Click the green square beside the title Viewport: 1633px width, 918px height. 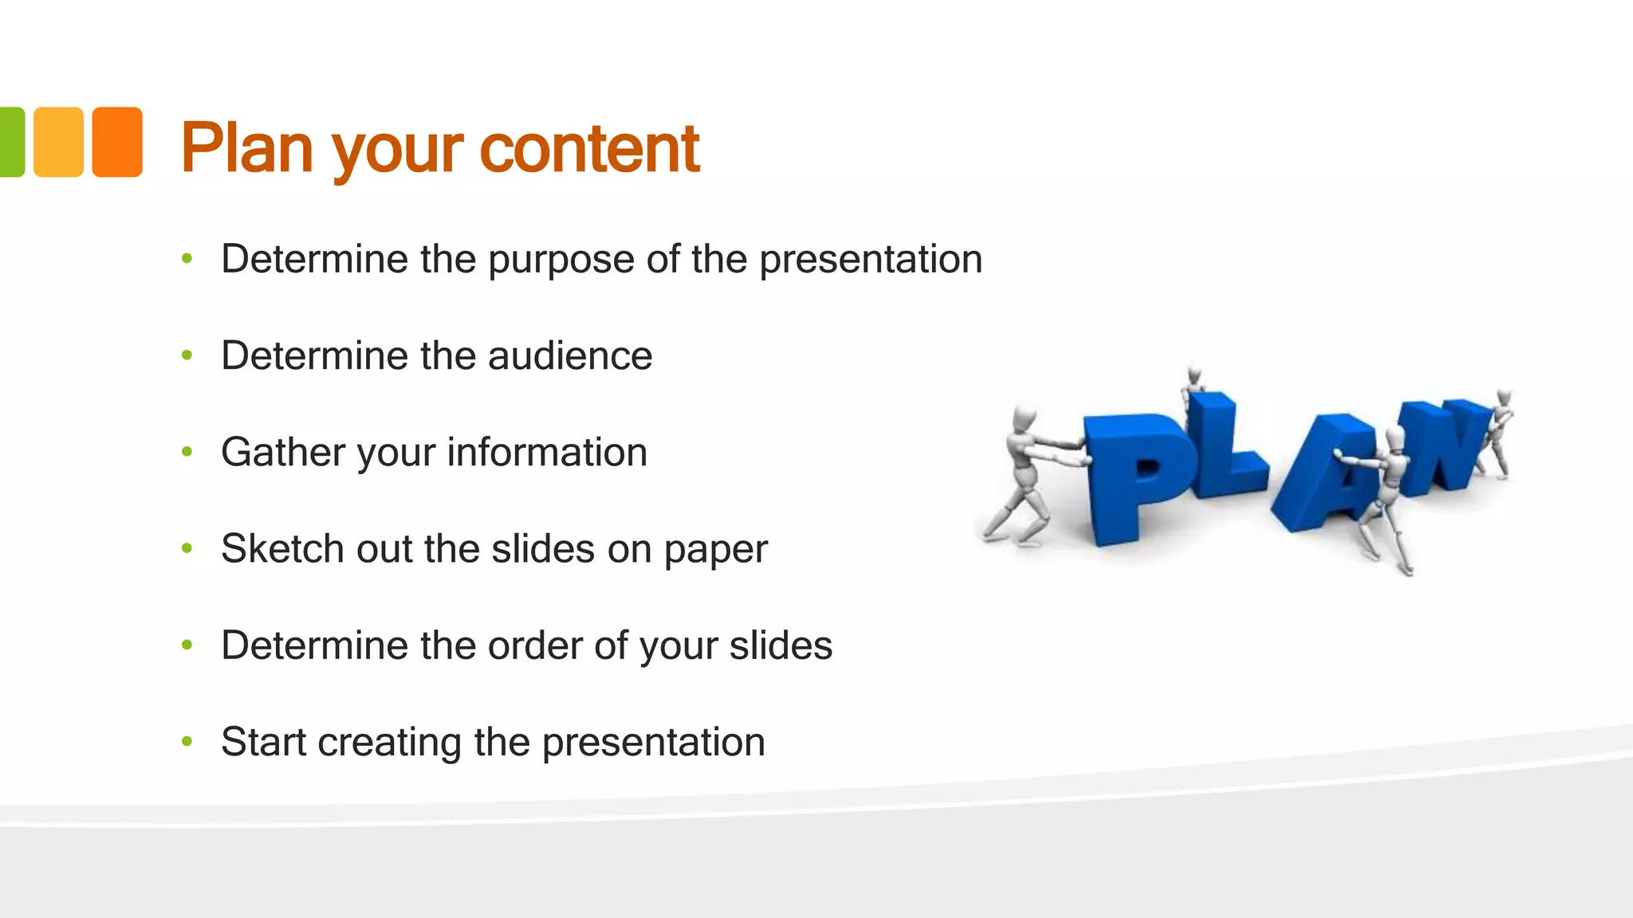[x=11, y=142]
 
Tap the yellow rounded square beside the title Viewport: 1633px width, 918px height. [x=58, y=142]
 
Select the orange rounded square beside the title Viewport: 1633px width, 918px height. [x=117, y=142]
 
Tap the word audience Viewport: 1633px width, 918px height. [x=570, y=355]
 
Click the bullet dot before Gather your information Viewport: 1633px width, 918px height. [x=187, y=452]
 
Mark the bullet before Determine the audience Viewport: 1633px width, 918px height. [x=187, y=355]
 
